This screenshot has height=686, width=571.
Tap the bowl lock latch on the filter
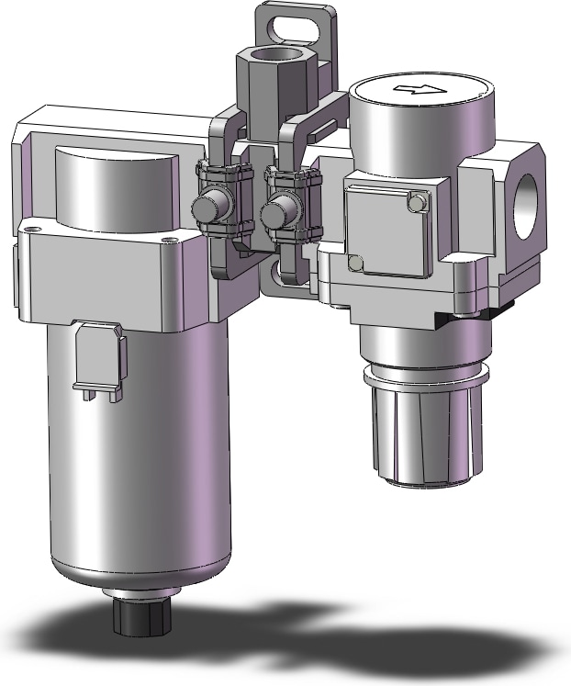97,362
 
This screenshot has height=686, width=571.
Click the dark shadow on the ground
303,634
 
